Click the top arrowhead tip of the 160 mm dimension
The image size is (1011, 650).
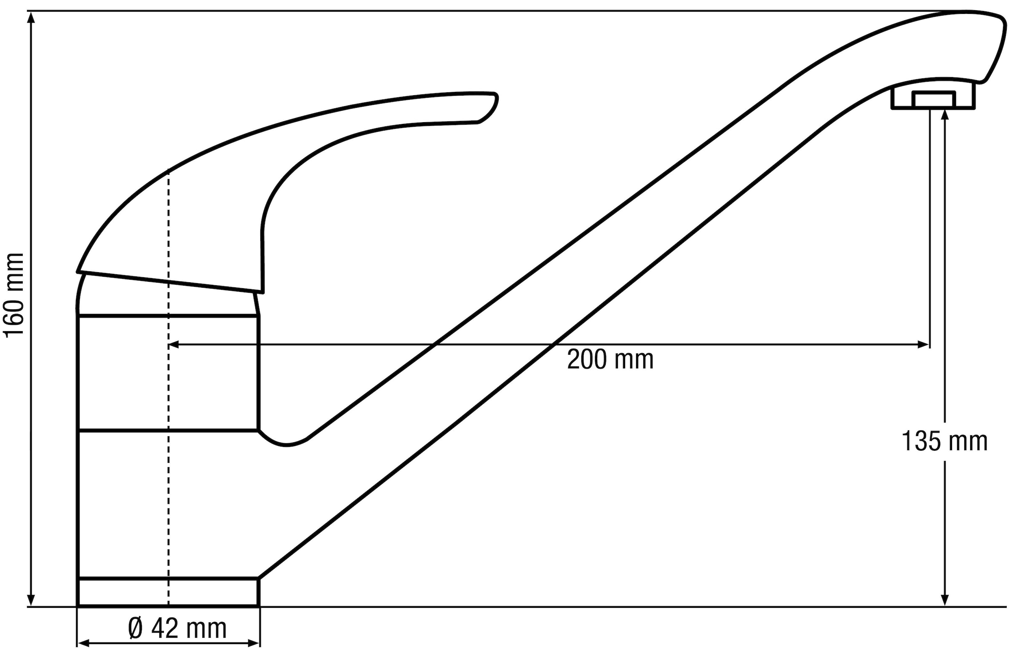[x=30, y=11]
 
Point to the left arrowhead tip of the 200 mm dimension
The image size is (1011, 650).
[x=169, y=345]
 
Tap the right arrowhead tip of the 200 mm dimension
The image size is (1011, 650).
[x=929, y=345]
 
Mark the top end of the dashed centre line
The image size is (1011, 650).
[x=168, y=169]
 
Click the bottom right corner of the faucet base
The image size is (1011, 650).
[x=259, y=606]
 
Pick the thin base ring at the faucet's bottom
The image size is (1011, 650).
[x=168, y=592]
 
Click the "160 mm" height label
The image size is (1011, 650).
[x=14, y=295]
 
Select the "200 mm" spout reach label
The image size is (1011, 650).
[x=610, y=360]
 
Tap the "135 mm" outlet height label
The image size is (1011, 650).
[x=944, y=442]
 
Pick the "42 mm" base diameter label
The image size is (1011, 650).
[x=189, y=629]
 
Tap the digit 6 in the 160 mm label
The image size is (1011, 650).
[x=14, y=309]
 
